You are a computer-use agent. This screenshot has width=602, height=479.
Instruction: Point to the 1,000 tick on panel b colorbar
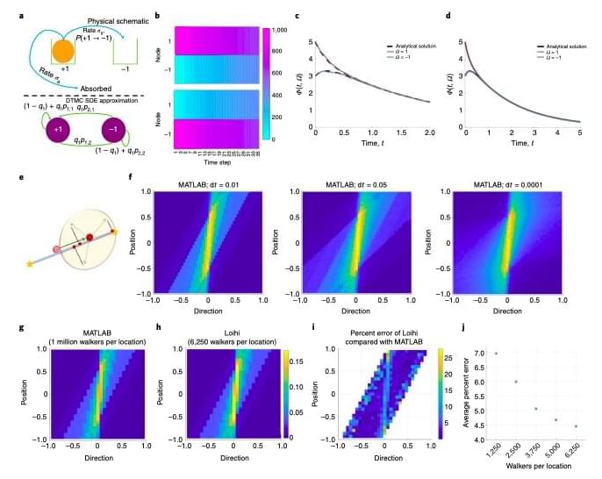(x=281, y=31)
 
